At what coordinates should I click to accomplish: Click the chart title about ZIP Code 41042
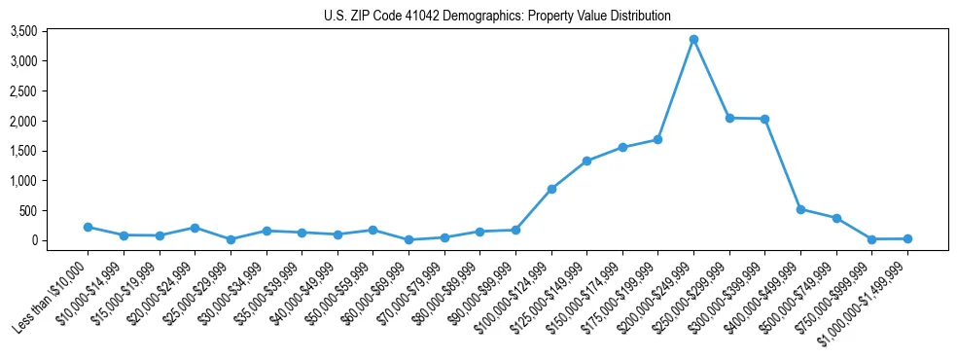497,16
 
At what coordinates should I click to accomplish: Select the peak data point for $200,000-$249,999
693,40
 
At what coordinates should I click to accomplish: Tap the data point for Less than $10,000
89,227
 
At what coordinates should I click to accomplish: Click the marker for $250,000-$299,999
729,118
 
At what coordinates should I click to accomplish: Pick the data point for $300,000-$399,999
764,119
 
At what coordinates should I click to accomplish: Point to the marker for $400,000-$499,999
800,209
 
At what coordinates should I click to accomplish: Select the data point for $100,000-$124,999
551,189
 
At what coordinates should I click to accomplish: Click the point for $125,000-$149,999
586,161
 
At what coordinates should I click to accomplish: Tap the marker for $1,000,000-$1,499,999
907,238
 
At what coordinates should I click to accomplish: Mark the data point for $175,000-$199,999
657,139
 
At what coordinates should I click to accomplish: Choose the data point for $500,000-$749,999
836,218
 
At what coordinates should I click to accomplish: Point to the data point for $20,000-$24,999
195,228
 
